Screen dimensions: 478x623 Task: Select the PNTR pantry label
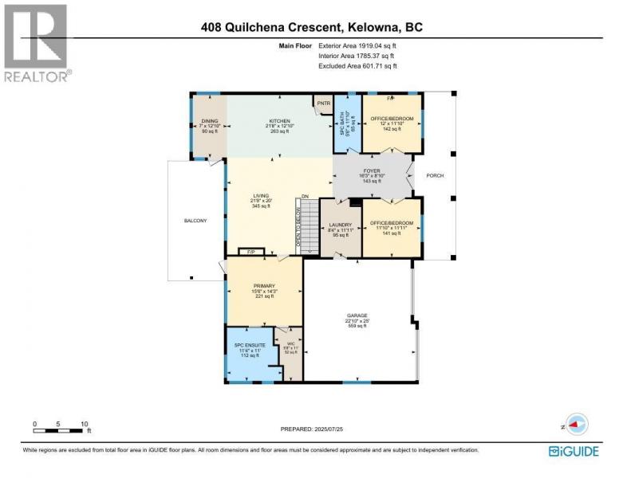pyautogui.click(x=323, y=104)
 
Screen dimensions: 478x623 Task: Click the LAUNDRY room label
pyautogui.click(x=340, y=225)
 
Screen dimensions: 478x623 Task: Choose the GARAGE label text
pyautogui.click(x=357, y=315)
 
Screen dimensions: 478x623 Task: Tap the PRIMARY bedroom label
pyautogui.click(x=264, y=285)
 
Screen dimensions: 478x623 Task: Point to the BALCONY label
pyautogui.click(x=195, y=221)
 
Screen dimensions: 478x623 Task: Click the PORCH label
pyautogui.click(x=434, y=176)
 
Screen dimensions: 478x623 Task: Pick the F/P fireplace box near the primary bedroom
pyautogui.click(x=251, y=253)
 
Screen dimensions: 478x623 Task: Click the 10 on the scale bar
pyautogui.click(x=84, y=424)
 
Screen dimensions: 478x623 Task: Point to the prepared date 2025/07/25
pyautogui.click(x=311, y=429)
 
